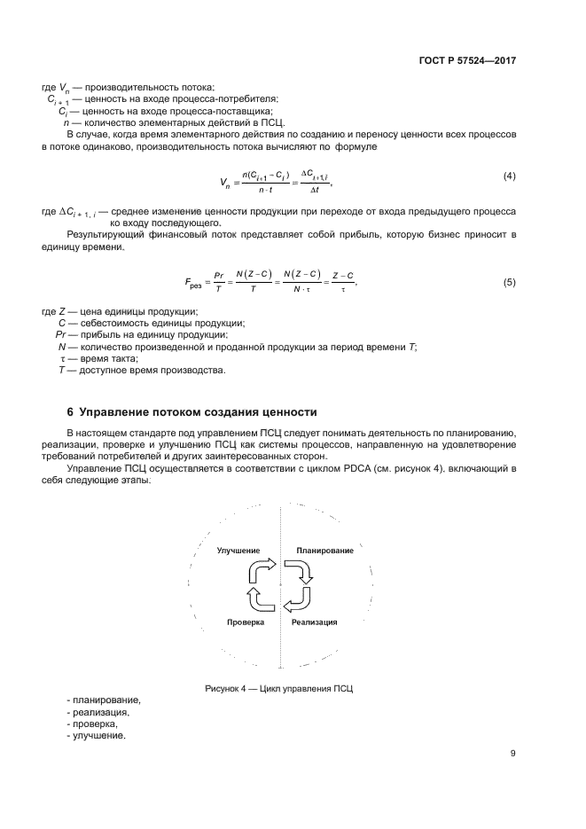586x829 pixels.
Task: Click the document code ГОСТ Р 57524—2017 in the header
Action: [467, 61]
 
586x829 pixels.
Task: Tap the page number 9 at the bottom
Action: [512, 754]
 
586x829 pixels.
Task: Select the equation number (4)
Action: [509, 176]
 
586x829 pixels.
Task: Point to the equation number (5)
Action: [509, 282]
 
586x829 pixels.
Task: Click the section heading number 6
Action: [71, 411]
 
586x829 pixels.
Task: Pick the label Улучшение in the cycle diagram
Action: [238, 551]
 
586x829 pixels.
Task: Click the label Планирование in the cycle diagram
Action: [325, 551]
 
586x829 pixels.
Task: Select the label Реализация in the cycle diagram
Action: [314, 622]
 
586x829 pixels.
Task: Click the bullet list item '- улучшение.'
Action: [96, 737]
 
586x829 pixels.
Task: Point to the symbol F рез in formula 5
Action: [195, 284]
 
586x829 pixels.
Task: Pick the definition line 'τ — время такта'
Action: [98, 358]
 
